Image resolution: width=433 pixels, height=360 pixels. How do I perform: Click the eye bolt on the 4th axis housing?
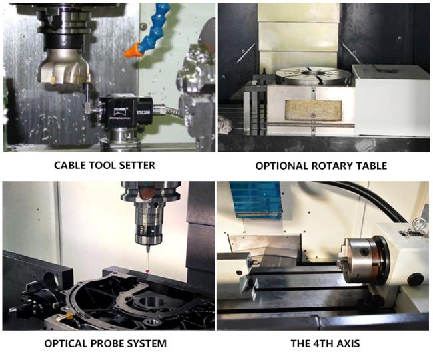click(x=419, y=226)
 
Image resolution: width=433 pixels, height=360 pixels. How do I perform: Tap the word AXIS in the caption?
click(x=348, y=344)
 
